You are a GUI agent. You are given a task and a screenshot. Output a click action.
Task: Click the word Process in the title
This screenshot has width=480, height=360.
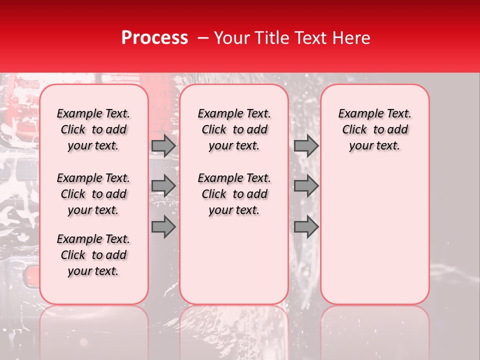click(154, 38)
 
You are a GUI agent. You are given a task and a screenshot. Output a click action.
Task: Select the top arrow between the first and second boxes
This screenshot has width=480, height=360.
click(163, 146)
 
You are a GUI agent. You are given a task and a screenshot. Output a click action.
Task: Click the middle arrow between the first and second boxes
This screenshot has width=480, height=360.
click(163, 186)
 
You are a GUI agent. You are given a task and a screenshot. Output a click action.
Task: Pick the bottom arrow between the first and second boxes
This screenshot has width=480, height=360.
click(163, 226)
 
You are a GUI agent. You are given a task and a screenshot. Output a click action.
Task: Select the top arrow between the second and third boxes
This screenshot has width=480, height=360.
click(306, 146)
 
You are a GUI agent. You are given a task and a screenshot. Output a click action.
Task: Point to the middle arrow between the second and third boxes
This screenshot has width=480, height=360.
click(306, 186)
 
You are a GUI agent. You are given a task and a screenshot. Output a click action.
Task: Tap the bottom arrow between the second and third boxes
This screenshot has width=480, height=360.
click(306, 226)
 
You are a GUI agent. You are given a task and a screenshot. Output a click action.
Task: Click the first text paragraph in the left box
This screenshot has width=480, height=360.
click(93, 129)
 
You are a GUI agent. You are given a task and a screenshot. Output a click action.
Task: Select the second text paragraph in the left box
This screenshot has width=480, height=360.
click(93, 194)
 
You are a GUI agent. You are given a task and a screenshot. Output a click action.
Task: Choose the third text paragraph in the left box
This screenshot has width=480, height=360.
click(93, 255)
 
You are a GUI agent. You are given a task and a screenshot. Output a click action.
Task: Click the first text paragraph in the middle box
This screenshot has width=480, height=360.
click(234, 129)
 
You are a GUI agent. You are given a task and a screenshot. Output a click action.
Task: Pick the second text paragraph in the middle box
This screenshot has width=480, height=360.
click(234, 194)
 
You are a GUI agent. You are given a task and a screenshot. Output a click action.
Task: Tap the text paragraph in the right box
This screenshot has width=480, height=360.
click(374, 129)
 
